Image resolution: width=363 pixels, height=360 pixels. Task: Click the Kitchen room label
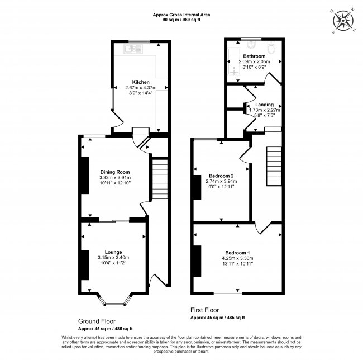tap(141, 82)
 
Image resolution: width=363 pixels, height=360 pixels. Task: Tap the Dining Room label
tap(115, 172)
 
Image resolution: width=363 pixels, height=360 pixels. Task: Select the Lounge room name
tap(113, 252)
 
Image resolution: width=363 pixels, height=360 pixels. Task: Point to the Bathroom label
tap(254, 56)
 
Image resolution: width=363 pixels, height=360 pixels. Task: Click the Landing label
tap(264, 105)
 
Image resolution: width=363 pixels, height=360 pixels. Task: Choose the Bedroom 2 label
tap(221, 176)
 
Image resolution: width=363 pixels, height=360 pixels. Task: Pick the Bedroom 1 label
tap(237, 253)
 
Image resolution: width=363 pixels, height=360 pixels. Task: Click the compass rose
tap(343, 21)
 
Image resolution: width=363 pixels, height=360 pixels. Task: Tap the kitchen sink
tap(133, 49)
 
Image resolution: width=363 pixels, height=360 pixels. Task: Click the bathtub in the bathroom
tap(235, 61)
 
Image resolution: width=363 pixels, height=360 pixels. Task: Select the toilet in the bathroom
tap(271, 48)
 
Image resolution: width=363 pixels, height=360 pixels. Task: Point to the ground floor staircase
tap(160, 179)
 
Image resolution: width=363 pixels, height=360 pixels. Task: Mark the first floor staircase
tap(274, 166)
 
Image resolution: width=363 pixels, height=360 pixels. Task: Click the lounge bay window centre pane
tap(114, 305)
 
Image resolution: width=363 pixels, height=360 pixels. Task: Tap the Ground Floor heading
tap(97, 321)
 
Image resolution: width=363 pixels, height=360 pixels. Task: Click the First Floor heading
tap(204, 310)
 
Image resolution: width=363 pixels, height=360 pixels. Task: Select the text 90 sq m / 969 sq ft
tap(181, 20)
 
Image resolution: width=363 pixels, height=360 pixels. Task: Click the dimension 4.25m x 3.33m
tap(237, 258)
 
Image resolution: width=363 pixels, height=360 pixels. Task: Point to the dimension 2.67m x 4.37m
tap(141, 88)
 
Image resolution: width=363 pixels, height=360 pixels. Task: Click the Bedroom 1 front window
tap(228, 293)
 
